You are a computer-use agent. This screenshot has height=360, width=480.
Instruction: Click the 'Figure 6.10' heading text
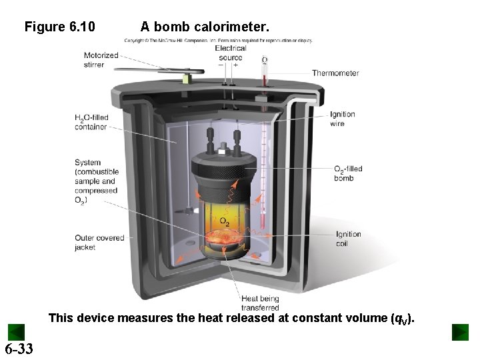59,27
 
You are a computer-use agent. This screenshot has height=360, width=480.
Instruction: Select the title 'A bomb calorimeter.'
205,27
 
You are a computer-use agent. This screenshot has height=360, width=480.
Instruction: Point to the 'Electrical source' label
231,53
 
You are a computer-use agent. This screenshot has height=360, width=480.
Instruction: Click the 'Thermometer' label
335,73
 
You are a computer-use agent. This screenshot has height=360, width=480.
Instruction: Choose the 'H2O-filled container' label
91,123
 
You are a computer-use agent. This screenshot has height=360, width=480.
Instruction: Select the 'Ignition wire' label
342,119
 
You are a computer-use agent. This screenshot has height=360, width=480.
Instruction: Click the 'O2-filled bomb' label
348,173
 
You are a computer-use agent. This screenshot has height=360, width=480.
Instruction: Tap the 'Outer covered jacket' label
99,243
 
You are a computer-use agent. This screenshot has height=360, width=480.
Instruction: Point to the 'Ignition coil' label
348,239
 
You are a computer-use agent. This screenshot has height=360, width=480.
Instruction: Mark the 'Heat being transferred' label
260,303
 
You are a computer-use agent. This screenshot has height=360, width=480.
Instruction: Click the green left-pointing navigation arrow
16,332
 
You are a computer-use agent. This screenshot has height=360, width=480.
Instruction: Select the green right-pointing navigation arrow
460,332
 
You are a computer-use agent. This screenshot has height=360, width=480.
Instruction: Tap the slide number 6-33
19,349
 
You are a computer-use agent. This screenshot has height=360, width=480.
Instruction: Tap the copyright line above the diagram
218,40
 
